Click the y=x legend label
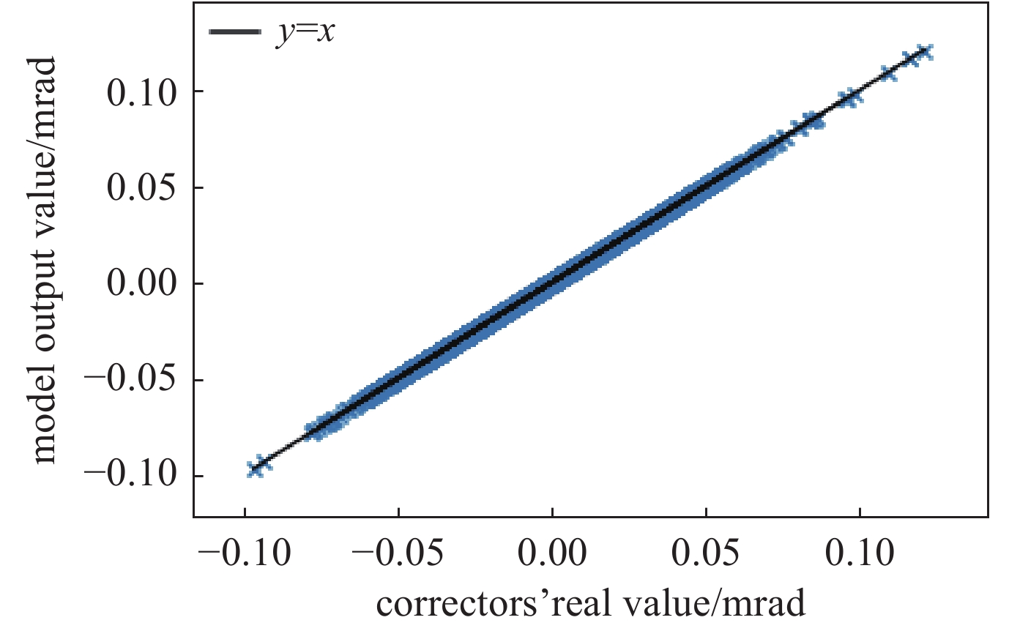tap(305, 34)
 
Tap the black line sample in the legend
tap(234, 32)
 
